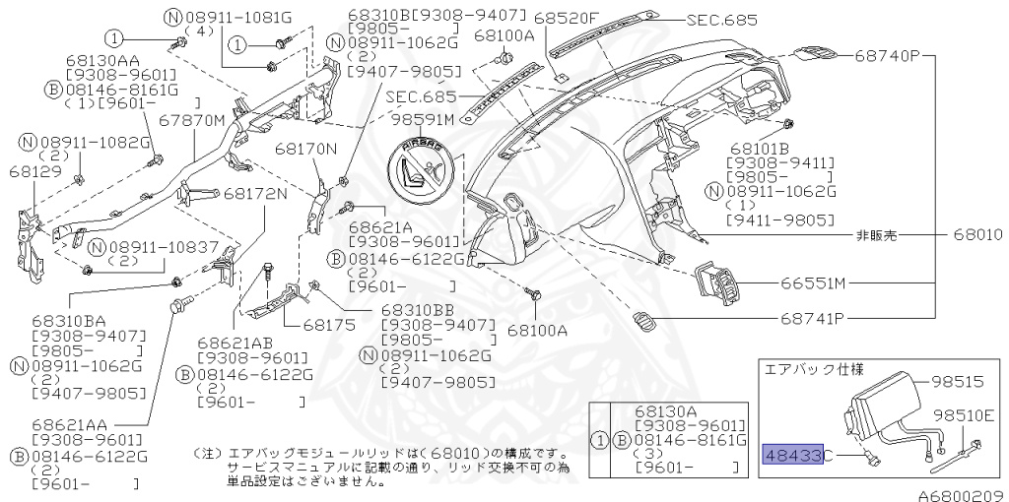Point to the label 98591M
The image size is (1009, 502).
pos(423,120)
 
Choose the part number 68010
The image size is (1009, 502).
pos(977,236)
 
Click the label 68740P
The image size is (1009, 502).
pos(886,57)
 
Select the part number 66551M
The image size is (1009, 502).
pos(814,284)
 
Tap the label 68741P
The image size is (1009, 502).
pos(814,319)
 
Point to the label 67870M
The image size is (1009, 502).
pos(192,120)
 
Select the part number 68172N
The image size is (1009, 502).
pos(255,193)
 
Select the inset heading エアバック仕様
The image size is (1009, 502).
pos(814,369)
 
